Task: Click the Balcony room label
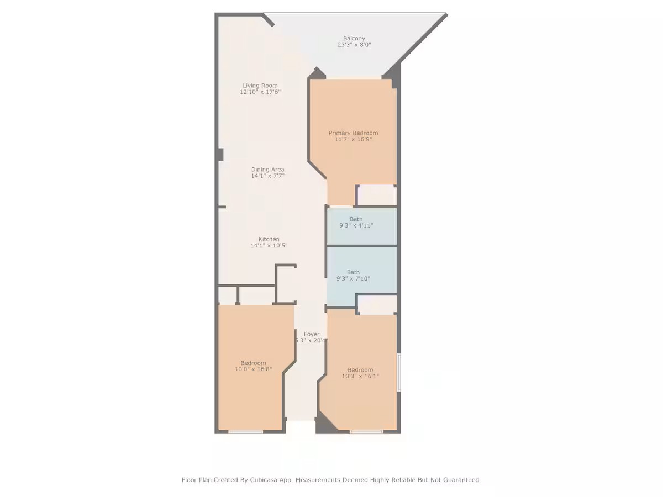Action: (x=354, y=39)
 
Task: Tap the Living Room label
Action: (x=260, y=86)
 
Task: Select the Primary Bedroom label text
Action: (x=354, y=133)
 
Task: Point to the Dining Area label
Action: (x=268, y=170)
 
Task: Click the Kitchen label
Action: (x=269, y=239)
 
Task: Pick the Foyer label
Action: (x=312, y=334)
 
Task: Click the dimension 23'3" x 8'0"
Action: (x=354, y=45)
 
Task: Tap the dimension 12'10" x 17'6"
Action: (x=260, y=92)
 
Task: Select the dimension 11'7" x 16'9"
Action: (x=354, y=139)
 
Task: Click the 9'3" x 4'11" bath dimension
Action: (x=356, y=225)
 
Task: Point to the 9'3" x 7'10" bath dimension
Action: (x=353, y=278)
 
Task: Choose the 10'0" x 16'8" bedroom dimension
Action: (x=254, y=369)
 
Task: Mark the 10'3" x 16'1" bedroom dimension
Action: (x=360, y=376)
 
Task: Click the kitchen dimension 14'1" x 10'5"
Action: (x=269, y=245)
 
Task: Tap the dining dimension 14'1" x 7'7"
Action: (x=268, y=176)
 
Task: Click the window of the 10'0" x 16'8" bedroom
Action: (x=246, y=431)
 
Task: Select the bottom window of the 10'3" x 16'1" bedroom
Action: (x=366, y=431)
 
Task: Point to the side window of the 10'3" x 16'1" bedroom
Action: (x=399, y=373)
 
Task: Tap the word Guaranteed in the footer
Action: (x=460, y=480)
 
